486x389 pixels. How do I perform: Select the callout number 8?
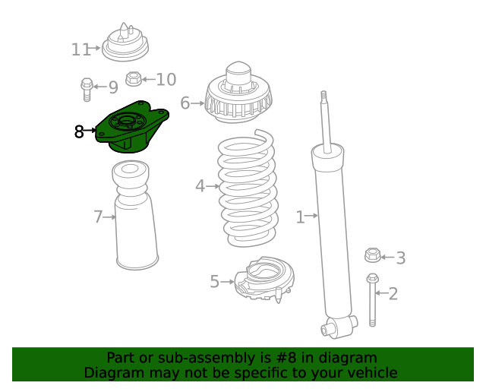[x=80, y=132]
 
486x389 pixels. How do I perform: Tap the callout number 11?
[x=80, y=50]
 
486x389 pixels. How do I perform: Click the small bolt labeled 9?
[x=87, y=89]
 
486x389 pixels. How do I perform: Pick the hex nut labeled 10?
[x=133, y=78]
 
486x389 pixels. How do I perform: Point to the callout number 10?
[x=166, y=80]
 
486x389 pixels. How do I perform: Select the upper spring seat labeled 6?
[x=238, y=97]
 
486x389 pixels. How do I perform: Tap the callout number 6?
[x=185, y=103]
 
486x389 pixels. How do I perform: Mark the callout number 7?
[x=98, y=217]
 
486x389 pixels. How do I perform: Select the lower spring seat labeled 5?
[x=263, y=280]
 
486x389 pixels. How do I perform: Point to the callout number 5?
[x=215, y=282]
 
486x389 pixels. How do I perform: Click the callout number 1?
[x=300, y=218]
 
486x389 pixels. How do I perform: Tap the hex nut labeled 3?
[x=372, y=256]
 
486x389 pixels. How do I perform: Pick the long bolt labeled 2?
[x=372, y=300]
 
